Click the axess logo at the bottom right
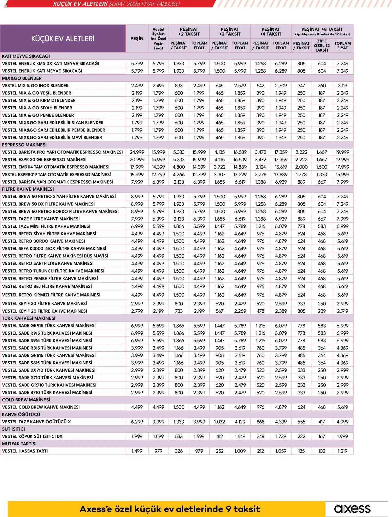tap(352, 509)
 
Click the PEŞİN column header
tap(137, 39)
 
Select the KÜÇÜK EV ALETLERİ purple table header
tap(63, 39)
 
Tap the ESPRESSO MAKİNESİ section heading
tap(24, 145)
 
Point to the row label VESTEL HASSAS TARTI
tap(25, 451)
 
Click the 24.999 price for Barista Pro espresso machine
tap(137, 152)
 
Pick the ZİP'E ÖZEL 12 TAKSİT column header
tap(322, 46)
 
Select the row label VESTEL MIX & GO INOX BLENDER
tap(35, 86)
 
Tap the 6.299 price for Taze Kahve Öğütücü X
tap(137, 422)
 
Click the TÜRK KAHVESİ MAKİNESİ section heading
tap(29, 318)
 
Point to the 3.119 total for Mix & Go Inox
tap(342, 86)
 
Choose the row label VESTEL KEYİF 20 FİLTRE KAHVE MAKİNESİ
tap(45, 311)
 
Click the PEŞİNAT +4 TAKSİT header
tap(271, 32)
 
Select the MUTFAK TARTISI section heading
tap(19, 444)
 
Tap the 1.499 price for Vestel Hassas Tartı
tap(137, 451)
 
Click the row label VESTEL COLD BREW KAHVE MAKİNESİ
tap(41, 407)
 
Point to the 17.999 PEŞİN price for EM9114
tap(137, 167)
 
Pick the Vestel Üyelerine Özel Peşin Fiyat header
tap(158, 39)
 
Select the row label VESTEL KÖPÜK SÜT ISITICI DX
tap(32, 436)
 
